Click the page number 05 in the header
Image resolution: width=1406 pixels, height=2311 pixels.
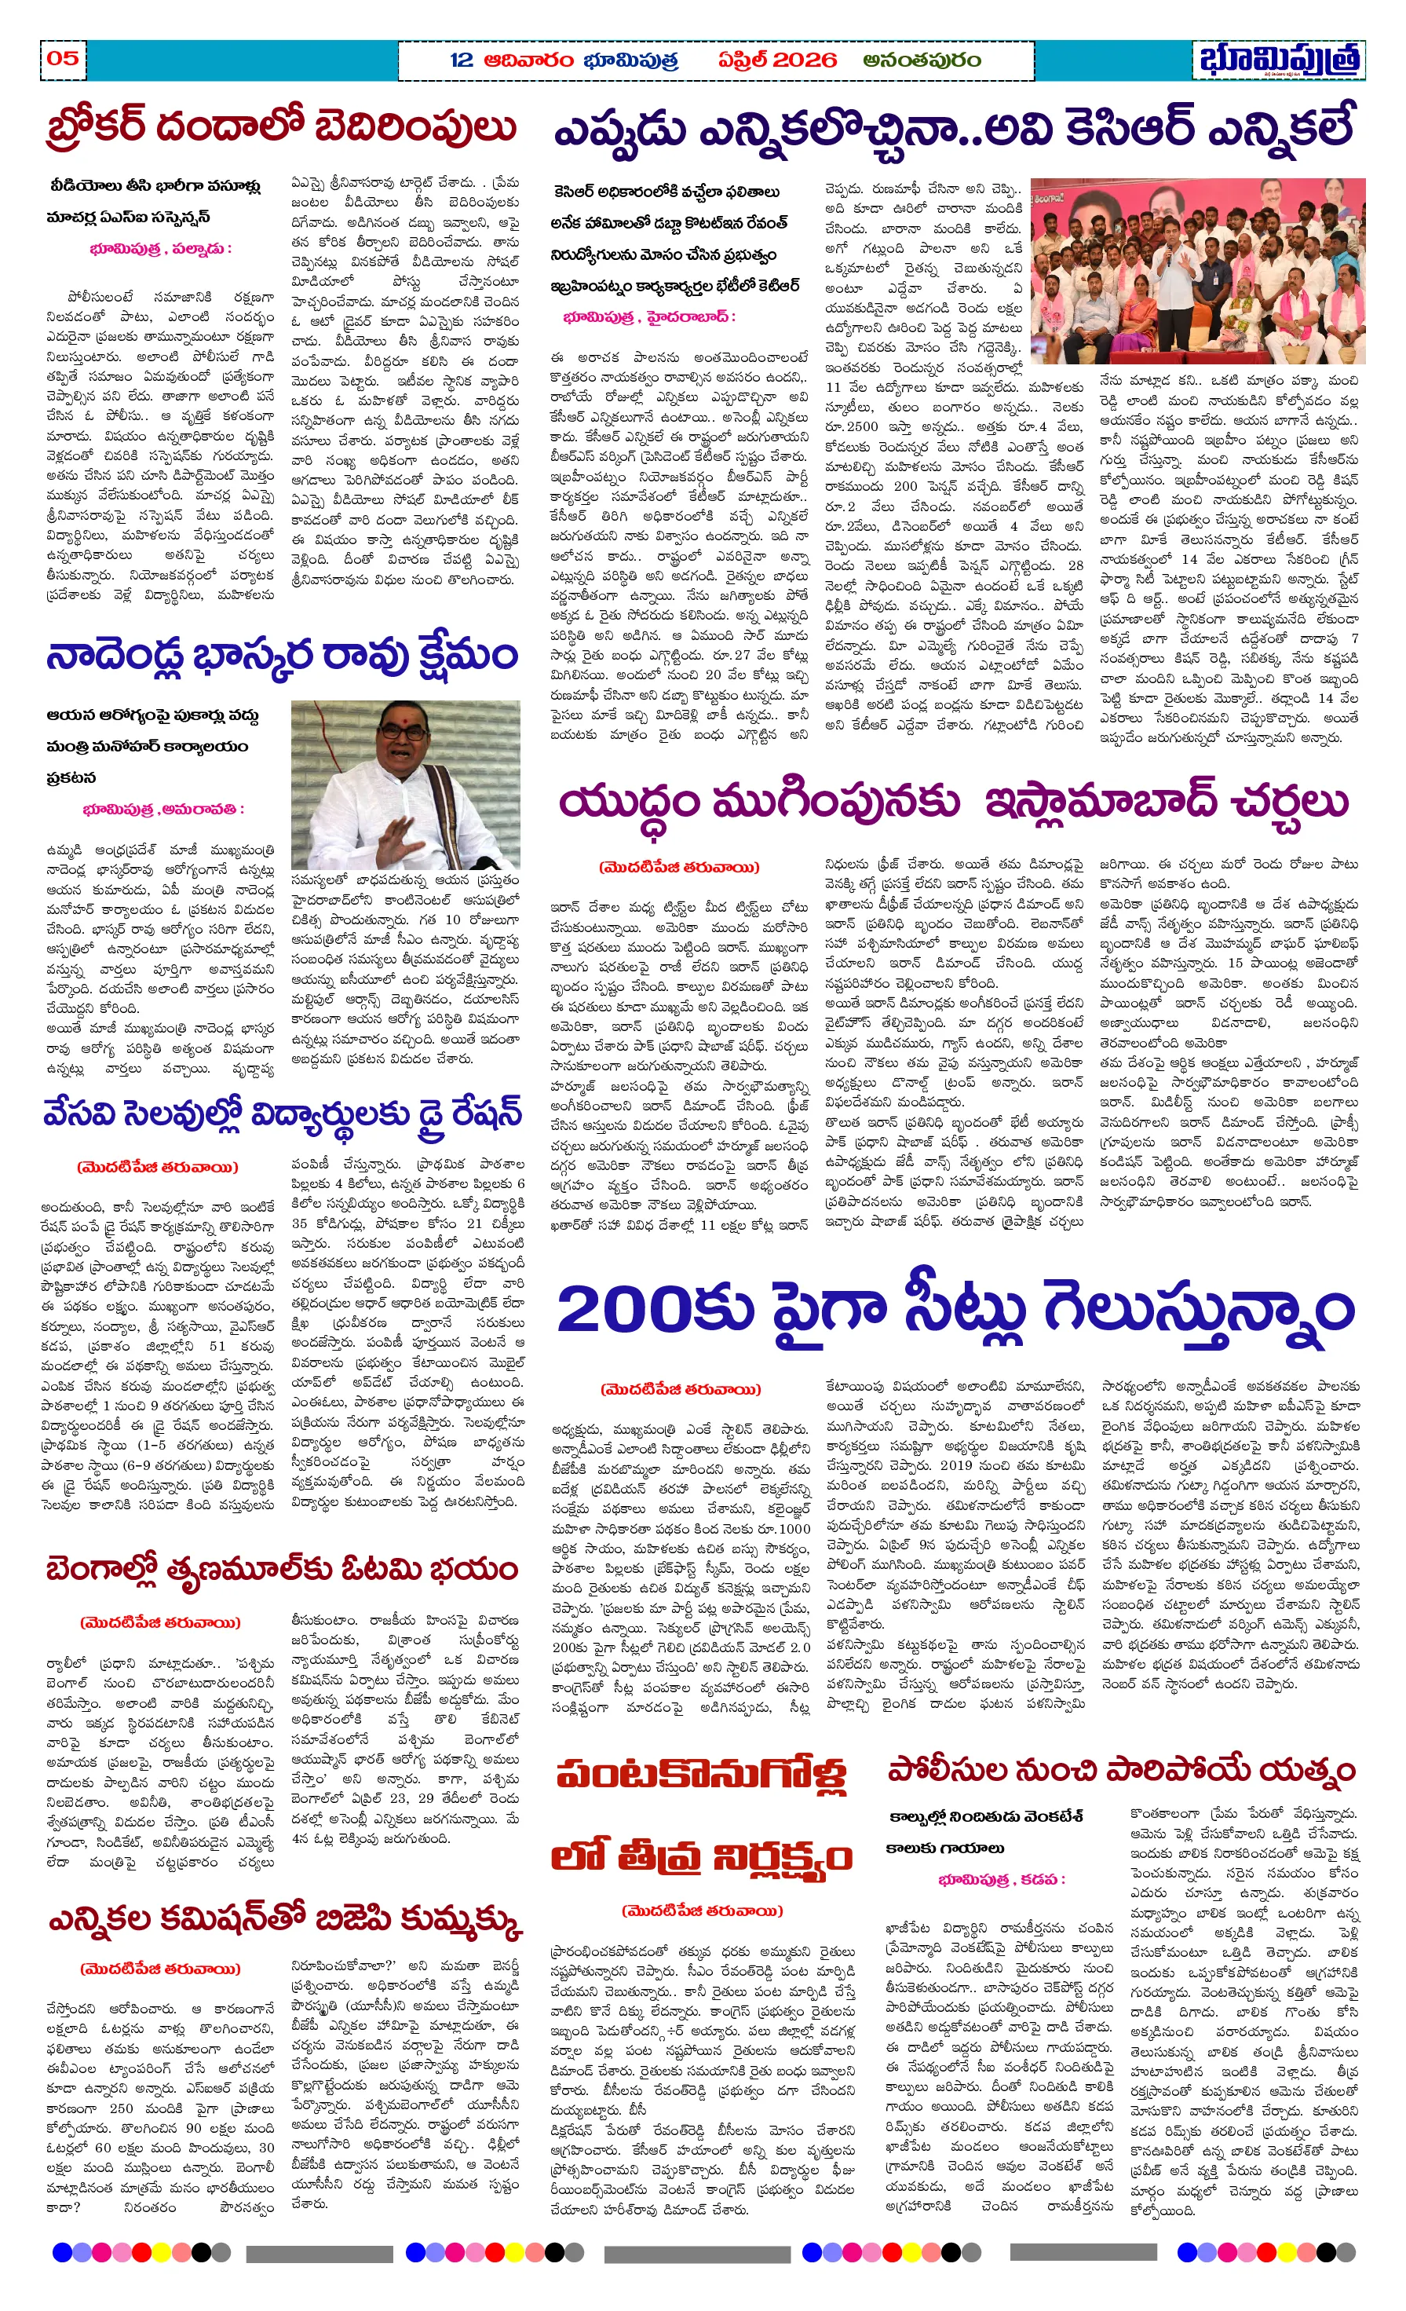[x=63, y=58]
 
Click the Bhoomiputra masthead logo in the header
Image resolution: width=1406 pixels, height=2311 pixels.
[x=1280, y=59]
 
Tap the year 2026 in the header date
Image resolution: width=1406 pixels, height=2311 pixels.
[x=803, y=60]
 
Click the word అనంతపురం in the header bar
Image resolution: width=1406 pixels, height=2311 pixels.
[x=922, y=60]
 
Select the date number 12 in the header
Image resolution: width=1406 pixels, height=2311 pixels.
[x=461, y=60]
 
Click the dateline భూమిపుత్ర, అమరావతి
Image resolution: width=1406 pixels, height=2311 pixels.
[x=163, y=809]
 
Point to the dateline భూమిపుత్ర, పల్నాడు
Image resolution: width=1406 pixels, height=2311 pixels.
[x=160, y=249]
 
